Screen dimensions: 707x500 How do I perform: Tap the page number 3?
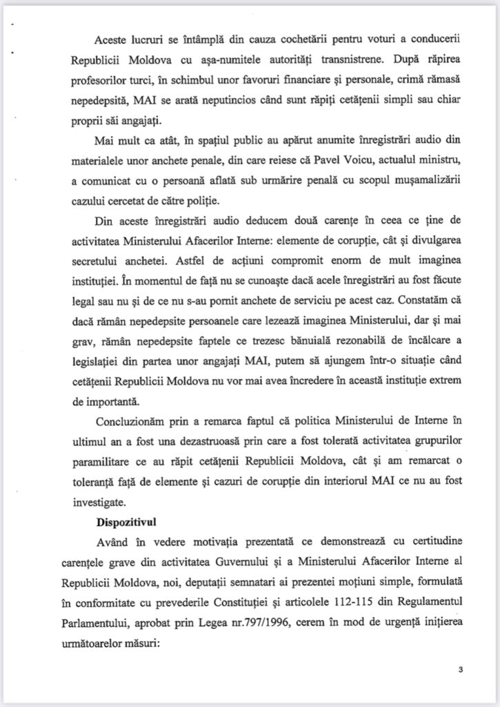460,670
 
